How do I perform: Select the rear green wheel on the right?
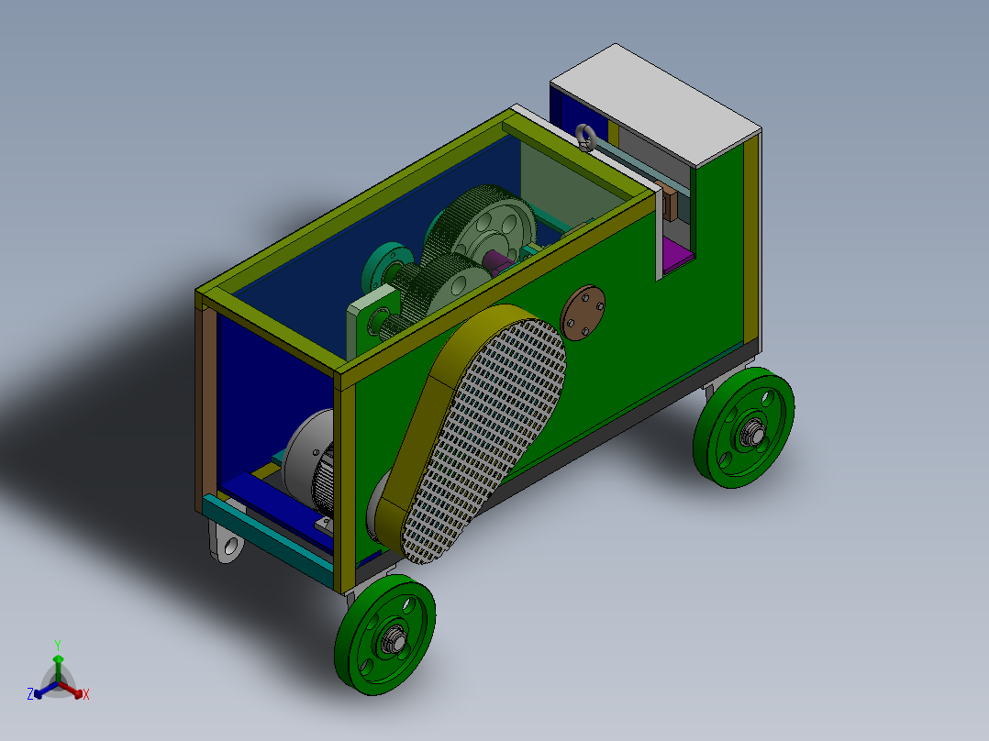pyautogui.click(x=744, y=427)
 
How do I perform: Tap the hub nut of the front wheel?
pyautogui.click(x=395, y=638)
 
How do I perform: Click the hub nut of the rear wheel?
pyautogui.click(x=754, y=431)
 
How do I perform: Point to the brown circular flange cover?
pyautogui.click(x=583, y=312)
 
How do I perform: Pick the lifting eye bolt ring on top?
pyautogui.click(x=586, y=138)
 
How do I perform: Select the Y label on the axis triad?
pyautogui.click(x=57, y=645)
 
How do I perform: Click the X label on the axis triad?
pyautogui.click(x=86, y=695)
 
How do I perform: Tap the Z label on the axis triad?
pyautogui.click(x=30, y=695)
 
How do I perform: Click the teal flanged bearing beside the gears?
pyautogui.click(x=381, y=266)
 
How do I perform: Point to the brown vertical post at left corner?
pyautogui.click(x=208, y=404)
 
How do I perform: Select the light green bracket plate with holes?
pyautogui.click(x=372, y=321)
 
